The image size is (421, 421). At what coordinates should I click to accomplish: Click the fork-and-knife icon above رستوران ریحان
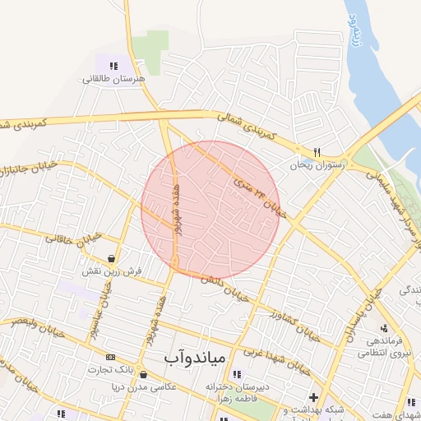317,152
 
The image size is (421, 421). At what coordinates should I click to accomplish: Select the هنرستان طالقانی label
113,79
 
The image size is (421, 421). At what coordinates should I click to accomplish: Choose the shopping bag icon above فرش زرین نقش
110,257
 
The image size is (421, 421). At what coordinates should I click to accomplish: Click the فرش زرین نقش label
112,271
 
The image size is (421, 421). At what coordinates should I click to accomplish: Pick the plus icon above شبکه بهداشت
313,397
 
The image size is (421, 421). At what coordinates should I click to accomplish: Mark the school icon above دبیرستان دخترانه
238,374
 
